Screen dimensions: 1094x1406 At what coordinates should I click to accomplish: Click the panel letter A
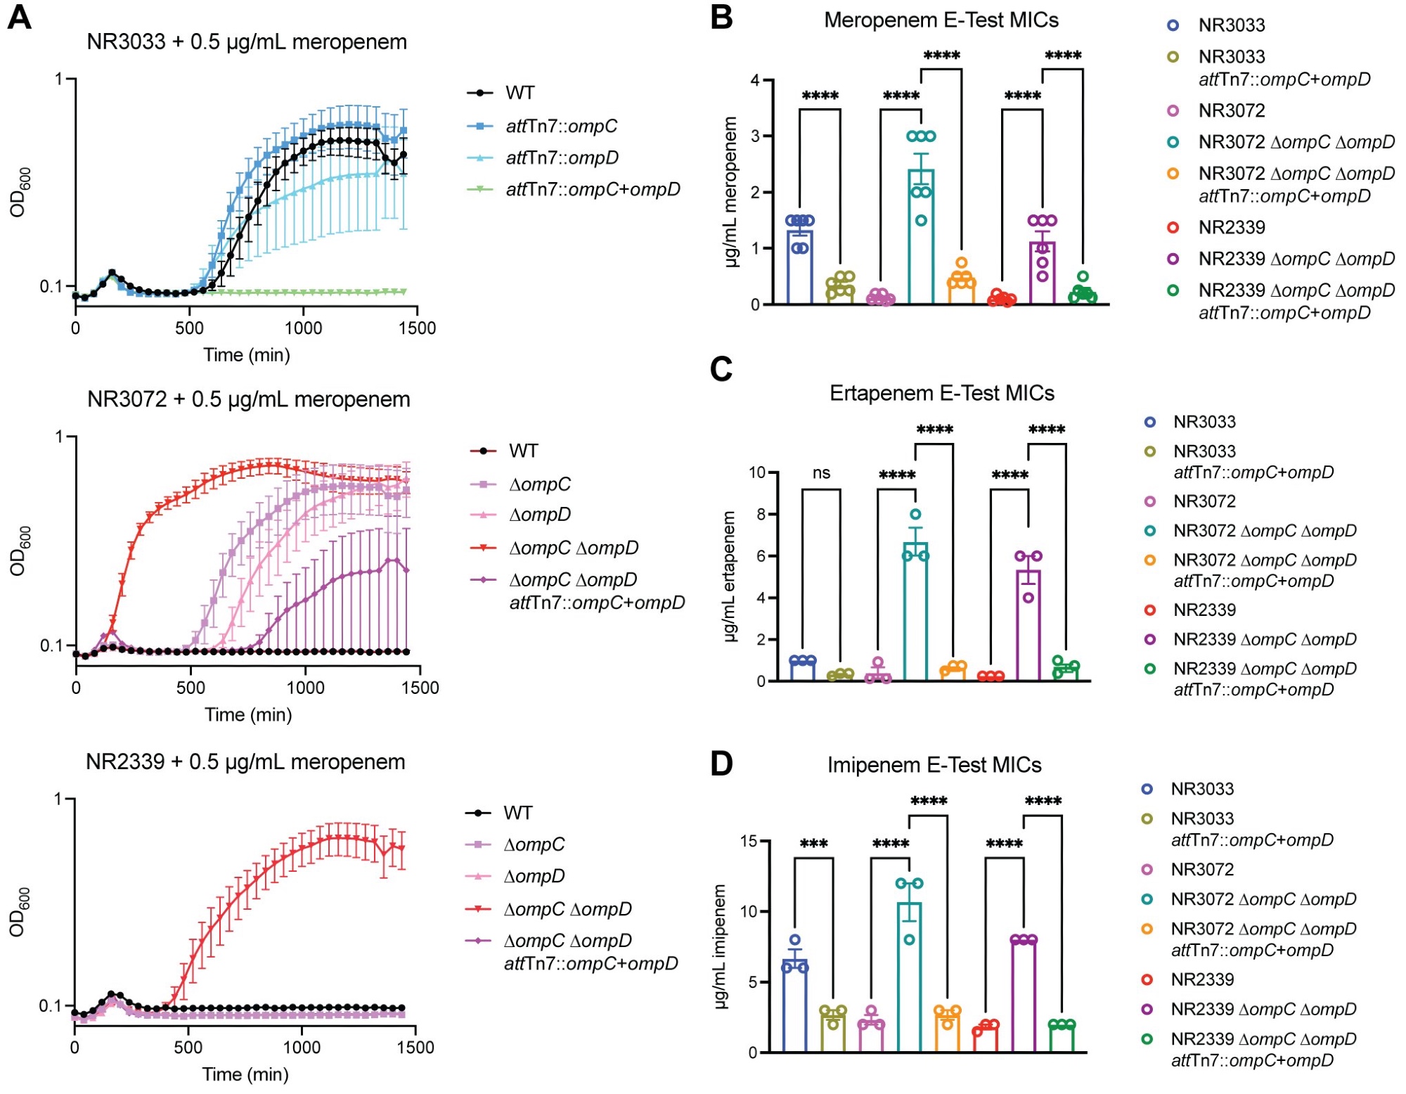[x=19, y=17]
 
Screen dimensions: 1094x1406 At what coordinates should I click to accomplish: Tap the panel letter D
[x=721, y=764]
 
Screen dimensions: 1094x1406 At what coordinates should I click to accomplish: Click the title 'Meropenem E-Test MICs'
[x=941, y=20]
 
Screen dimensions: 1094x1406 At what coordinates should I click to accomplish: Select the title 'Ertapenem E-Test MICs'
[x=941, y=393]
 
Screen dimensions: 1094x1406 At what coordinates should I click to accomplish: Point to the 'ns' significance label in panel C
[x=821, y=473]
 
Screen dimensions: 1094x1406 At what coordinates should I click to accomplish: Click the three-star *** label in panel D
[x=813, y=844]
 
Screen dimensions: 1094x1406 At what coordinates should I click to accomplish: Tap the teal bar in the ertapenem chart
[x=915, y=612]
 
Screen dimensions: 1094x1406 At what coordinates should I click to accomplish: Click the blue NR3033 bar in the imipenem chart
[x=795, y=1005]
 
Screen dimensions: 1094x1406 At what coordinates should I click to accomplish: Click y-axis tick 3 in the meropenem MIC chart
[x=755, y=136]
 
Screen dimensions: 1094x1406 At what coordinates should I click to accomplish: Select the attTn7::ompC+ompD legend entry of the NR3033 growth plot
[x=593, y=190]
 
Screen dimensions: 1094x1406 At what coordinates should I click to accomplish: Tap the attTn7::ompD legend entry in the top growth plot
[x=562, y=158]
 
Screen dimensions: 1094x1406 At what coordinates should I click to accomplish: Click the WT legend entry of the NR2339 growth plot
[x=517, y=813]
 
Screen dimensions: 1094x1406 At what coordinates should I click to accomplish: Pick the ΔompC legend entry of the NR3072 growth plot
[x=539, y=484]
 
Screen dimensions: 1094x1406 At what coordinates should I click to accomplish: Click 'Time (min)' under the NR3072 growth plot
[x=247, y=715]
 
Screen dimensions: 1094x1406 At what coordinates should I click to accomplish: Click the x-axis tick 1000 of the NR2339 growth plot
[x=302, y=1048]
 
